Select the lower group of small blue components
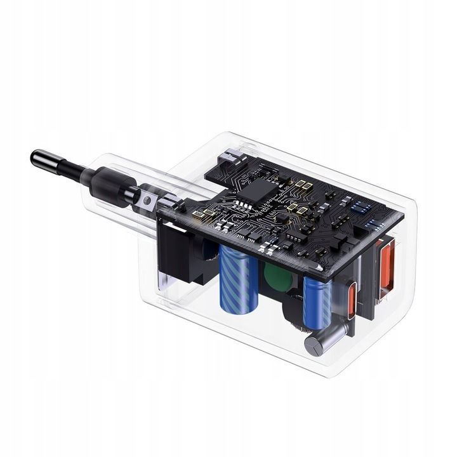pyautogui.click(x=371, y=224)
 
